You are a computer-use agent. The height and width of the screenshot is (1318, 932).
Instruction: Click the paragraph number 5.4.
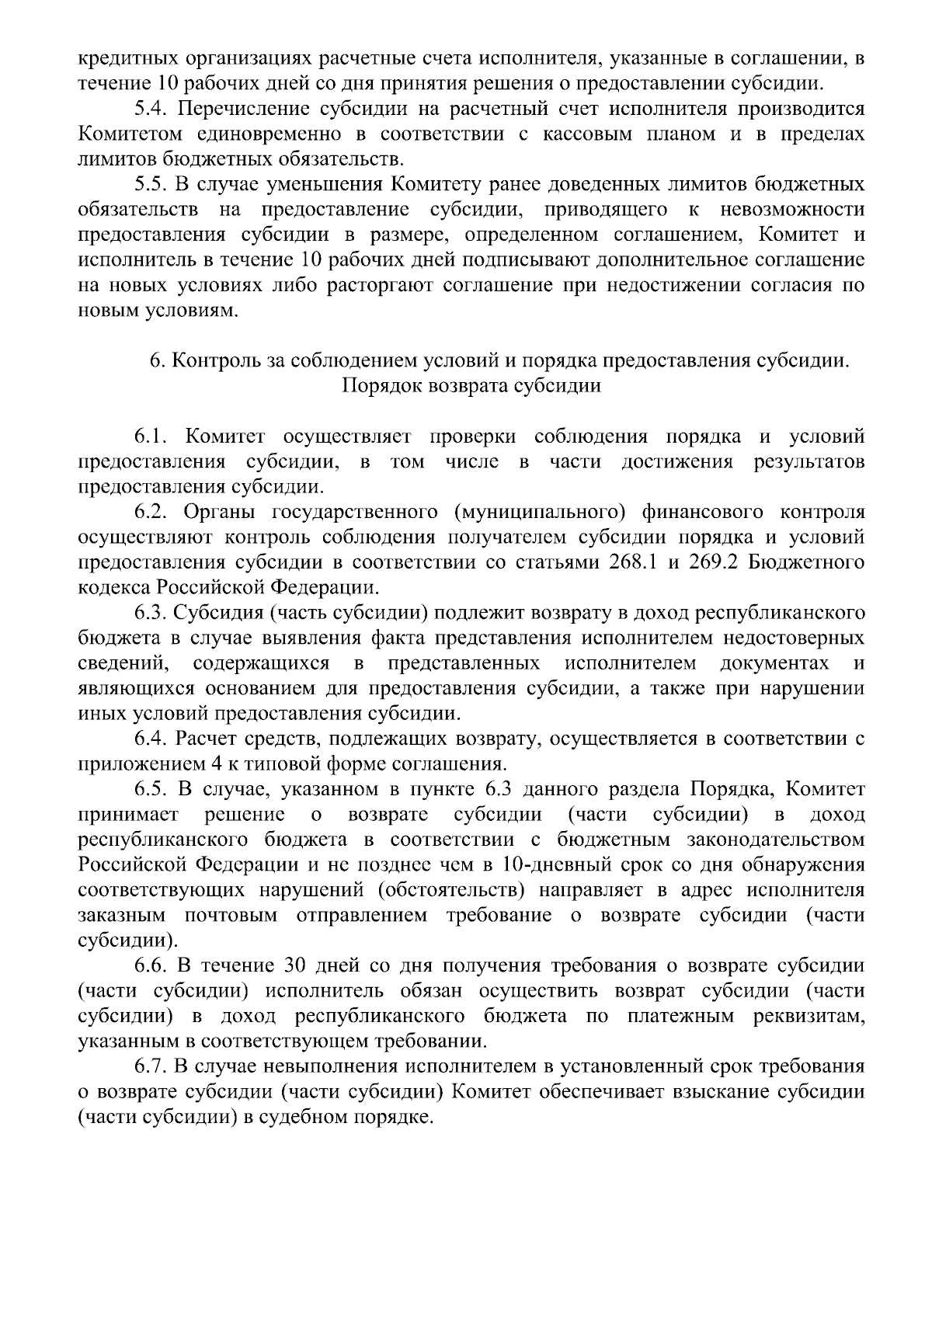150,110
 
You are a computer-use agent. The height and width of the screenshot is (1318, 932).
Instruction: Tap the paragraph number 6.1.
150,437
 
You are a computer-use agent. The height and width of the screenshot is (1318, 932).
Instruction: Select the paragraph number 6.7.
150,1067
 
